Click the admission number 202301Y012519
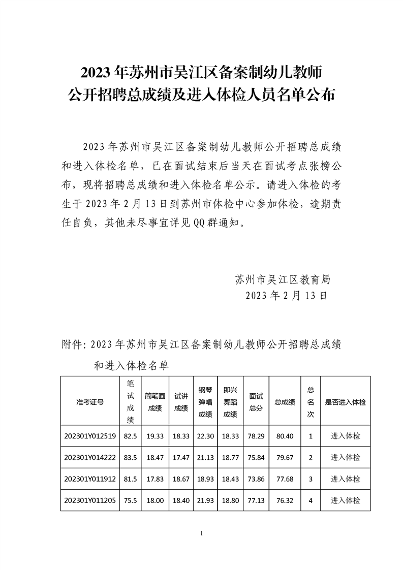pos(90,436)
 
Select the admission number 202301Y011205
pos(90,500)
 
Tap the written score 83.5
pos(131,457)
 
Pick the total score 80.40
pos(285,436)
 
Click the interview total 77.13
pos(256,500)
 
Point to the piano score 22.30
pos(205,436)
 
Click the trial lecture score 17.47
pos(181,457)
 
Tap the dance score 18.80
pos(230,500)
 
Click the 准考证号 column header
pos(90,401)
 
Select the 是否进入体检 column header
pos(345,401)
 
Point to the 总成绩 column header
pos(285,401)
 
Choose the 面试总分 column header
pos(256,401)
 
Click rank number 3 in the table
pos(310,479)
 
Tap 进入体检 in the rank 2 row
pos(345,457)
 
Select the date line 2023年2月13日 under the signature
pos(286,295)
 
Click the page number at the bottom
pos(202,533)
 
